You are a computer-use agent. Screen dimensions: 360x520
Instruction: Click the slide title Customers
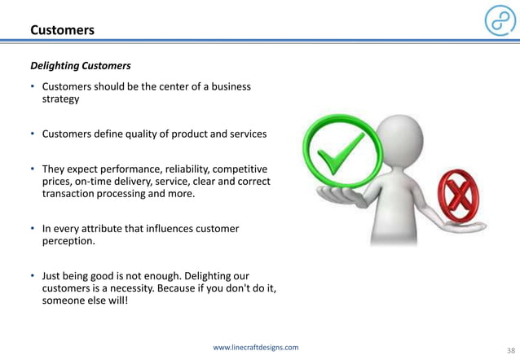62,30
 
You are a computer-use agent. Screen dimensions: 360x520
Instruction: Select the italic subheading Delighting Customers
80,64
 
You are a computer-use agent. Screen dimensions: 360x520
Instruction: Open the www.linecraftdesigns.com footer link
255,347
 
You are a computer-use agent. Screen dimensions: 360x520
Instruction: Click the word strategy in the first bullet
60,99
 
